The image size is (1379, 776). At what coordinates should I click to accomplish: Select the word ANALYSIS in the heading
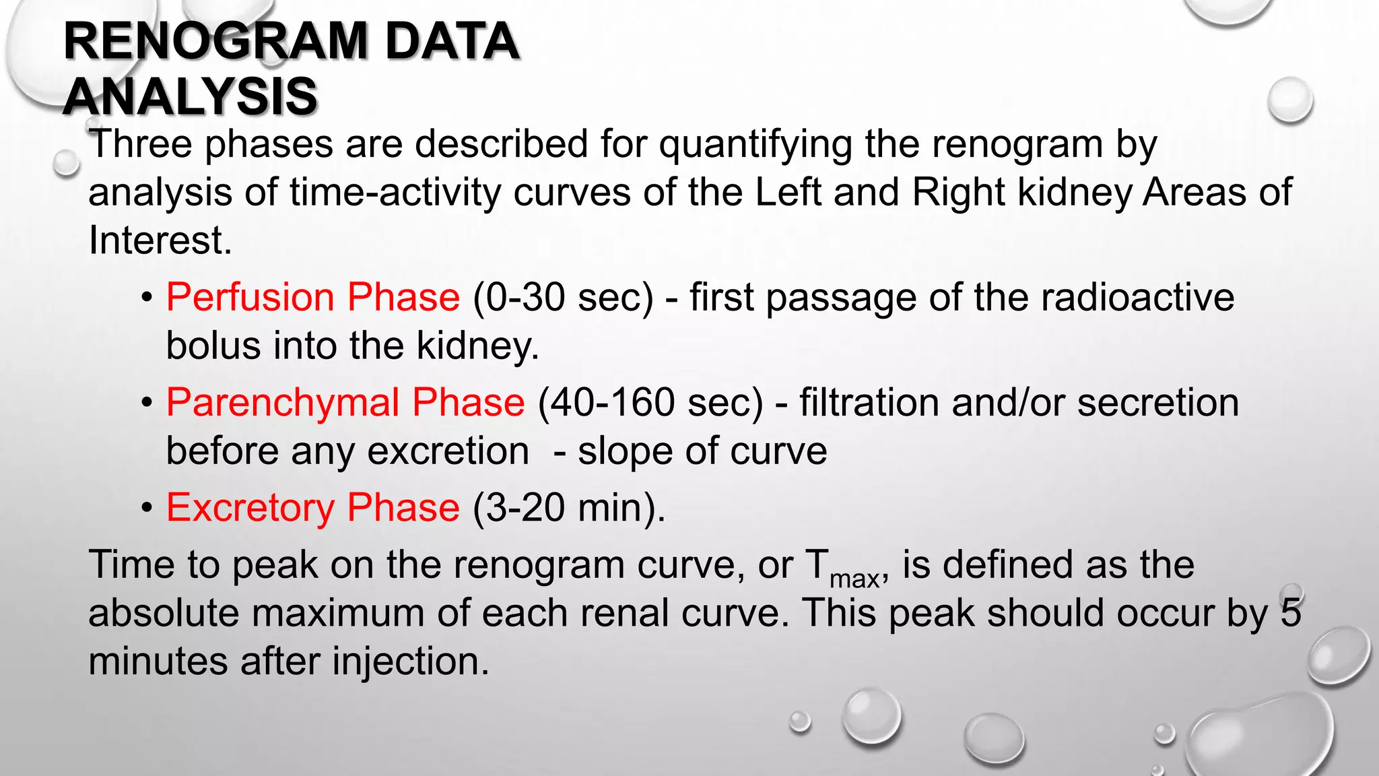[x=190, y=96]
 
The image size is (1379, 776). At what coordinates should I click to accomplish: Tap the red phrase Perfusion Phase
[x=313, y=297]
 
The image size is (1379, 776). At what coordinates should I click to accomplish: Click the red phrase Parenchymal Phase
[x=345, y=402]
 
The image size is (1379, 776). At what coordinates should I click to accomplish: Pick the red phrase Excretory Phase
[x=313, y=507]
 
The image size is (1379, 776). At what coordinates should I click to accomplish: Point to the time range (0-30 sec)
[x=564, y=297]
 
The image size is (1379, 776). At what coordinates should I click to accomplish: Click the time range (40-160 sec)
[x=650, y=402]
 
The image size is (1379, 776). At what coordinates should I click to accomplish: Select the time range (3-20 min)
[x=569, y=507]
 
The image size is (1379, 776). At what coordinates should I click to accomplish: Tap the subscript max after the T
[x=854, y=579]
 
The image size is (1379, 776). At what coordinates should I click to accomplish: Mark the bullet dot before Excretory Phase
[x=147, y=509]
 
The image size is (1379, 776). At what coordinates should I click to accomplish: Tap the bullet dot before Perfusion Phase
[x=147, y=298]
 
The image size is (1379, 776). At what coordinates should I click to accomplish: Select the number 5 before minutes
[x=1291, y=612]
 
